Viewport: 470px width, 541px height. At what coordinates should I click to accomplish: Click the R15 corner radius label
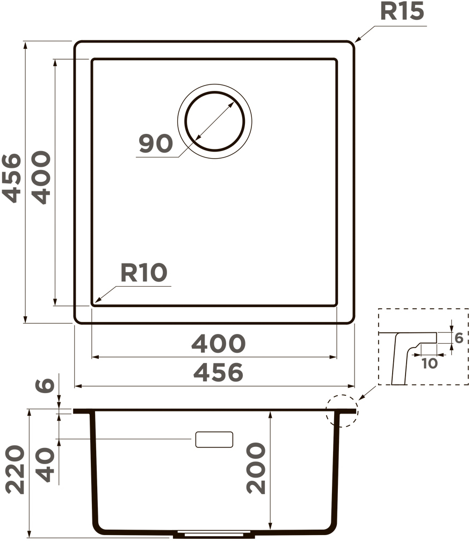click(402, 11)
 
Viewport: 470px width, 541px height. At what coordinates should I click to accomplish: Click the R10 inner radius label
click(144, 273)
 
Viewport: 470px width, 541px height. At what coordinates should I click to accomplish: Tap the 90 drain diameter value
click(156, 144)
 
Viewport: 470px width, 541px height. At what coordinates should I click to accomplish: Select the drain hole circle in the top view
click(214, 92)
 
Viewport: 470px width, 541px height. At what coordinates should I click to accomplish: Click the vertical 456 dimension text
click(12, 178)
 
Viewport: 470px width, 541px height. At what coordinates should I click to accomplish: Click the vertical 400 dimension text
click(41, 177)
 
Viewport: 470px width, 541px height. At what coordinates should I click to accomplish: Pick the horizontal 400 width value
click(218, 344)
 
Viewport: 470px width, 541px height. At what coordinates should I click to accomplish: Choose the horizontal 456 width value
click(218, 373)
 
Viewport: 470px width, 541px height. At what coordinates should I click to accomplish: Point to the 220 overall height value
click(15, 469)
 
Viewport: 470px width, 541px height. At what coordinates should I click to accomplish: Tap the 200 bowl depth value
click(256, 468)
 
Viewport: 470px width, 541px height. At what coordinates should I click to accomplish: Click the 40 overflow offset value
click(45, 465)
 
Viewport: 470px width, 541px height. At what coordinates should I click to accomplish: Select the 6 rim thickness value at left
click(45, 385)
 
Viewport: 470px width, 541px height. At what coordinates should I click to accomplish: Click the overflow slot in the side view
click(214, 439)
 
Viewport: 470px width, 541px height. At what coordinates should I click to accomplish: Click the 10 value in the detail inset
click(429, 364)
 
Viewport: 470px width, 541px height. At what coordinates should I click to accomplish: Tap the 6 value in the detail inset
click(459, 338)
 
